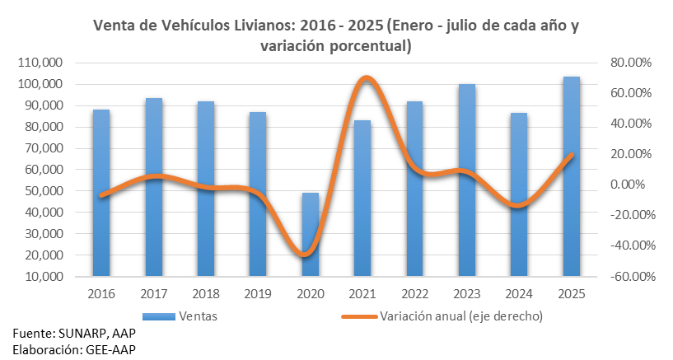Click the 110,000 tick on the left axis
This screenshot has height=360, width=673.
tap(38, 63)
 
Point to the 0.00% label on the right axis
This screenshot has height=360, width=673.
tap(630, 185)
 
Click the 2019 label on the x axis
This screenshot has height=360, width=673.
tap(258, 294)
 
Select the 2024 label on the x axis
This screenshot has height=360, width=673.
tap(519, 294)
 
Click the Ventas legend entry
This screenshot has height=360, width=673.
tap(197, 315)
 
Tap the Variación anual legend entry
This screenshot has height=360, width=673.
tap(460, 315)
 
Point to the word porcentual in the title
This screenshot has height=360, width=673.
tap(367, 47)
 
